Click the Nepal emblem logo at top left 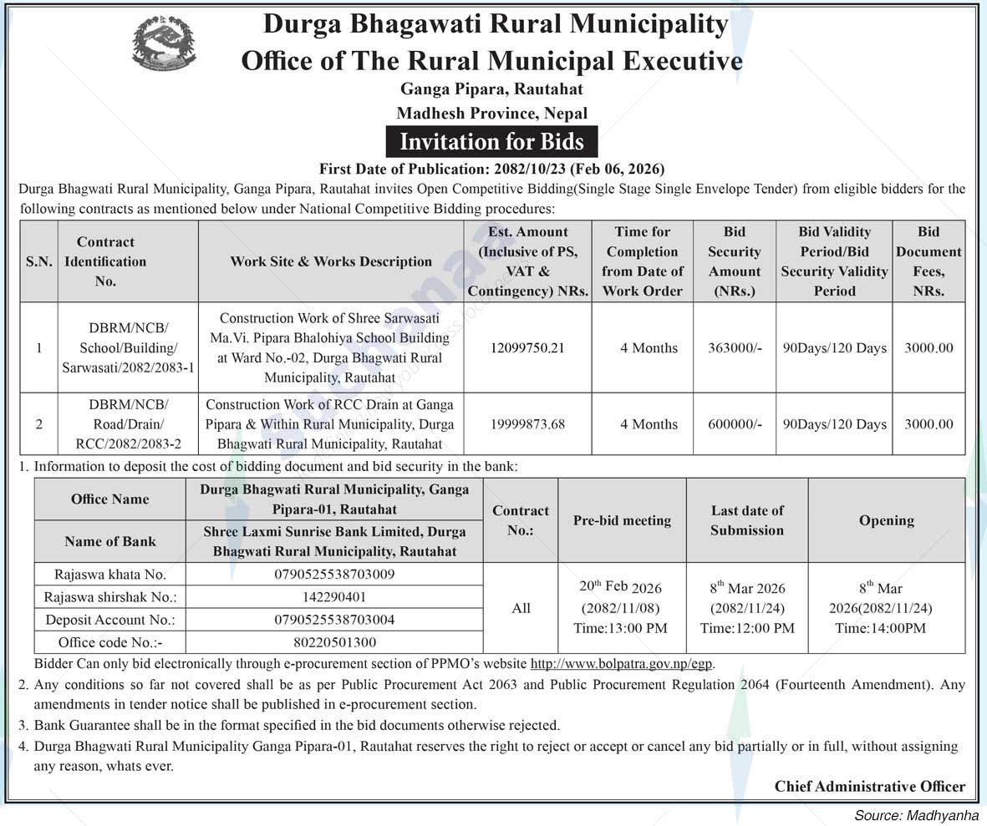165,42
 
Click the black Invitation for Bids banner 491,140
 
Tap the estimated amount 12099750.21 528,347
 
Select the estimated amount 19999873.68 528,423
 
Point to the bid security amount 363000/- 735,347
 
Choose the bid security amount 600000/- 735,423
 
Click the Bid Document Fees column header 928,261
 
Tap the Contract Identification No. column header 105,261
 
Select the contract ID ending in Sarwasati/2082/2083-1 128,347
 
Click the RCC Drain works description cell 330,423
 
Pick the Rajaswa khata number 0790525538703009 334,575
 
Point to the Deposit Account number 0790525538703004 334,620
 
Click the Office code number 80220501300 334,642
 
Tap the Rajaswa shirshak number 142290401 334,597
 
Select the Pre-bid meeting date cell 622,607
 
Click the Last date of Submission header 747,519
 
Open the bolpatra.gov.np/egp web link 623,665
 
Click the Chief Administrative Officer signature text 869,786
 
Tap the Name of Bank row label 110,541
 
